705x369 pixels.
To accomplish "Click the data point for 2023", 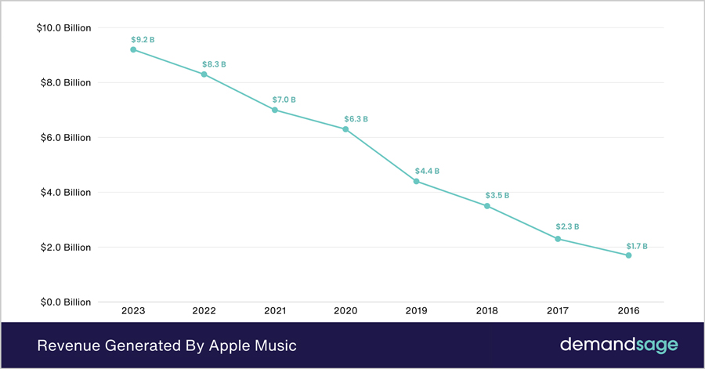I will tap(133, 49).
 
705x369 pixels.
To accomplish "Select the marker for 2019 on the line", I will tap(416, 181).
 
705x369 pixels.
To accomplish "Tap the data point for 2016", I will tap(628, 255).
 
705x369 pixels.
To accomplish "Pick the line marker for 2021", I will tap(274, 110).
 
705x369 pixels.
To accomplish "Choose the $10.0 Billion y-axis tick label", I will tap(64, 28).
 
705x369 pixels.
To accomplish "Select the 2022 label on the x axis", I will tap(204, 311).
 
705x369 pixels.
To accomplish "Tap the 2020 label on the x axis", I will tap(345, 311).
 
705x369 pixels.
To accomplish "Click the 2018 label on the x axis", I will tap(486, 311).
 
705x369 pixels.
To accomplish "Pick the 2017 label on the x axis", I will tap(557, 311).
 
